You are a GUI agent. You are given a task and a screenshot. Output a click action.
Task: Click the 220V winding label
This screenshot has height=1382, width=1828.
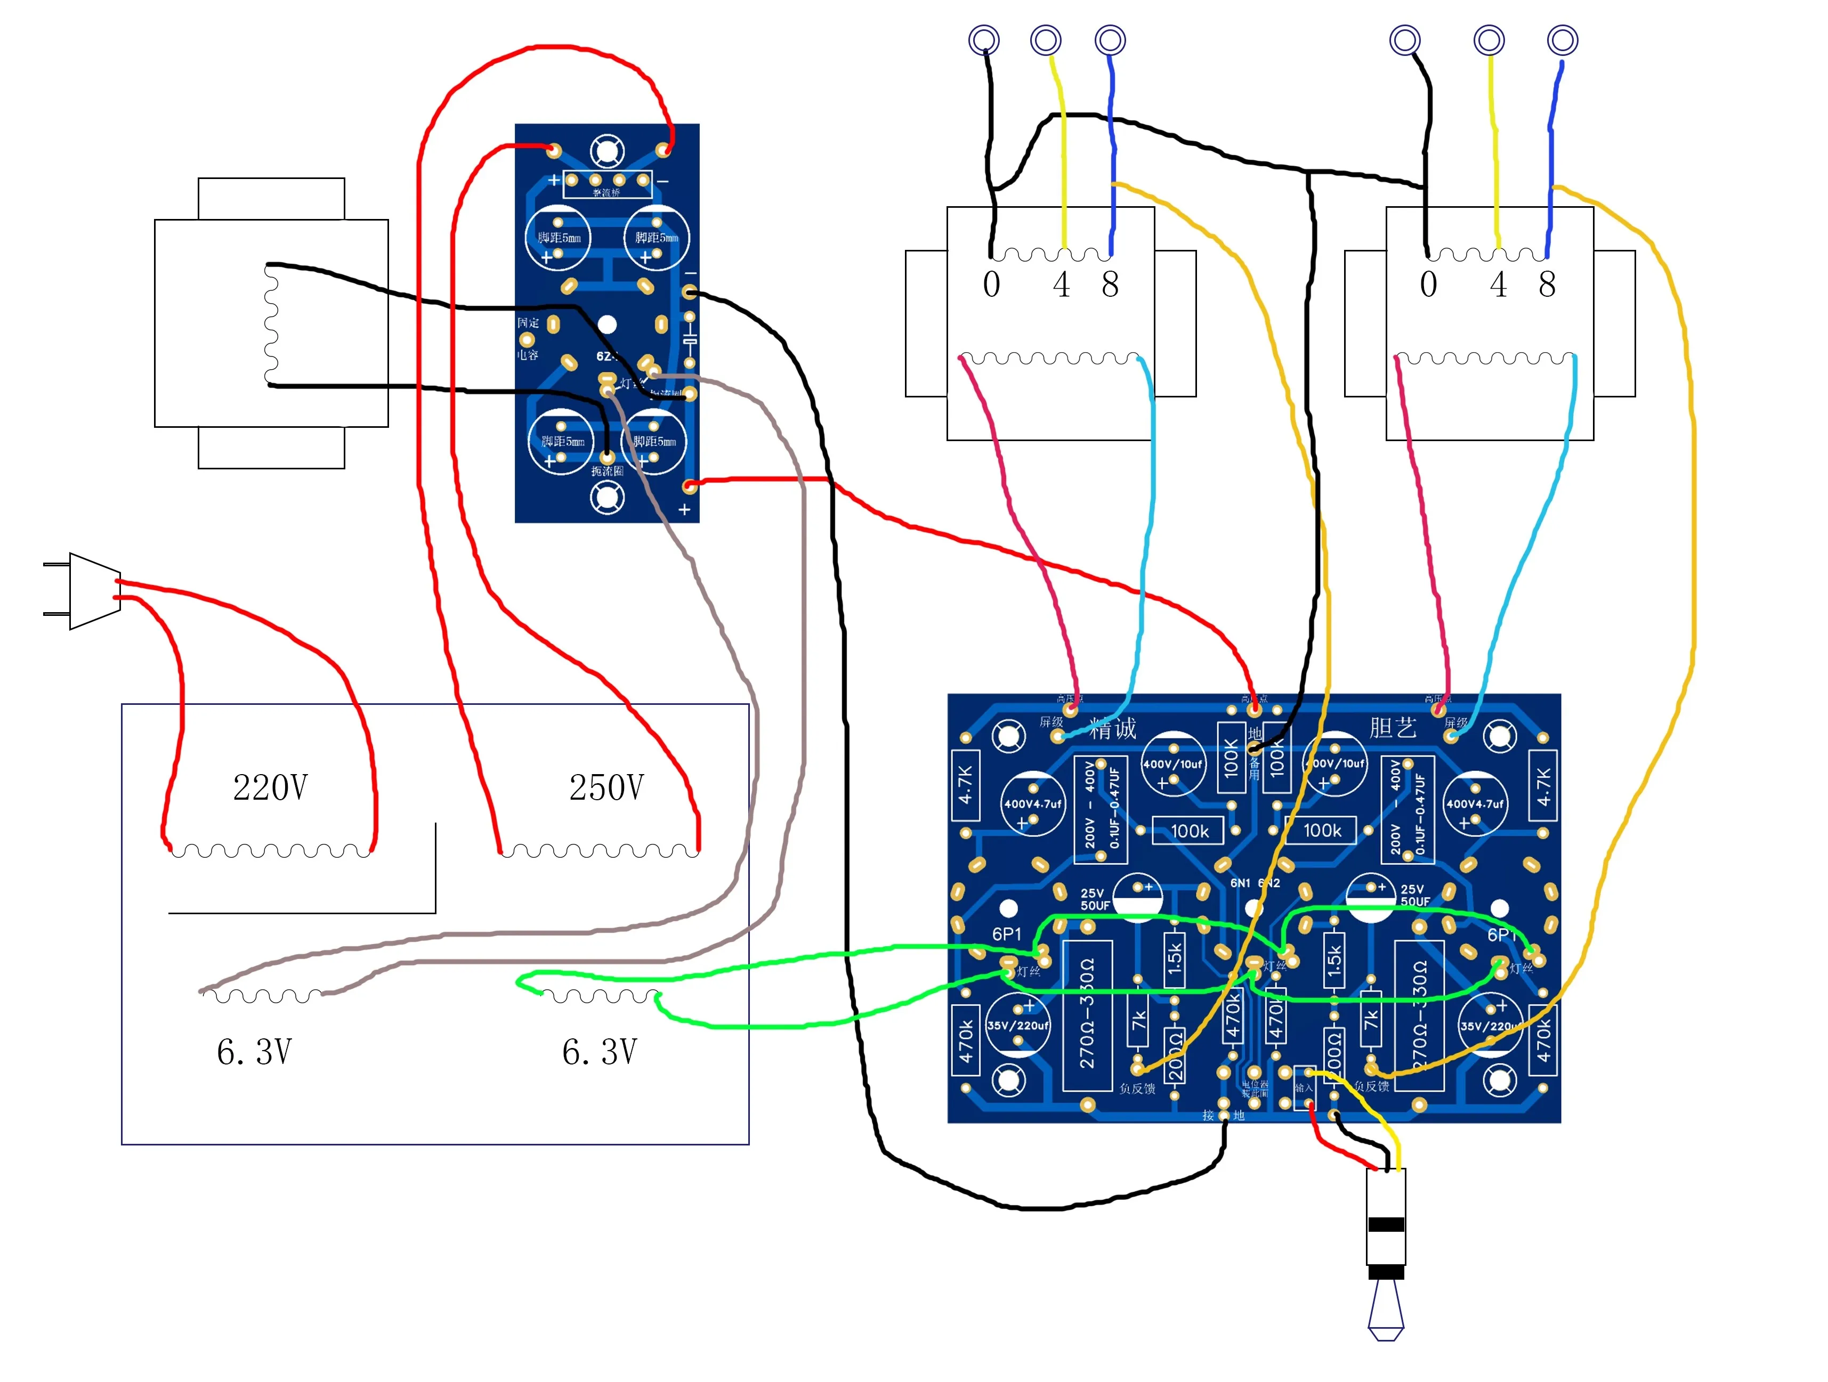270,787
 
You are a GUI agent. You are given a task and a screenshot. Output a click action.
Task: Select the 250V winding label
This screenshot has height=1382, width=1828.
606,787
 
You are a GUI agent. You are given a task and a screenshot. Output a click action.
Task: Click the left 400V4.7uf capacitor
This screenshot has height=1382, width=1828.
1031,803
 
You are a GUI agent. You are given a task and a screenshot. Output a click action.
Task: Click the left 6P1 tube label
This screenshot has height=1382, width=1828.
1007,934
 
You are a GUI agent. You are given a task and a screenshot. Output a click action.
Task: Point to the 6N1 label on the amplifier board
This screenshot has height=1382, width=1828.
1240,883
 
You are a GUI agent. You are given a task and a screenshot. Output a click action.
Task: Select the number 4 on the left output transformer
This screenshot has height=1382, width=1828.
1061,285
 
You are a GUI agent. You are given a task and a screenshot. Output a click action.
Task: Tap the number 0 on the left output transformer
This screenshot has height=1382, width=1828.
991,285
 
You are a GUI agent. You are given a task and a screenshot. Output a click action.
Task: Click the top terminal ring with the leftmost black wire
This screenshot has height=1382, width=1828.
983,39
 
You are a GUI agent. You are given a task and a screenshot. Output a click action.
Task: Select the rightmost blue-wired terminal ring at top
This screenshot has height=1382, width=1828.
1562,39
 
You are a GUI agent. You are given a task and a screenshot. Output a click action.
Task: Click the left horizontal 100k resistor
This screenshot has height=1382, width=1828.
1189,831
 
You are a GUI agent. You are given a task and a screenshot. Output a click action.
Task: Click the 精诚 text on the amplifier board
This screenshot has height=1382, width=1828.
1112,729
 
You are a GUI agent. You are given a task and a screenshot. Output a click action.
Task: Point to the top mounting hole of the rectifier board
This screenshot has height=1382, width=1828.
606,151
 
